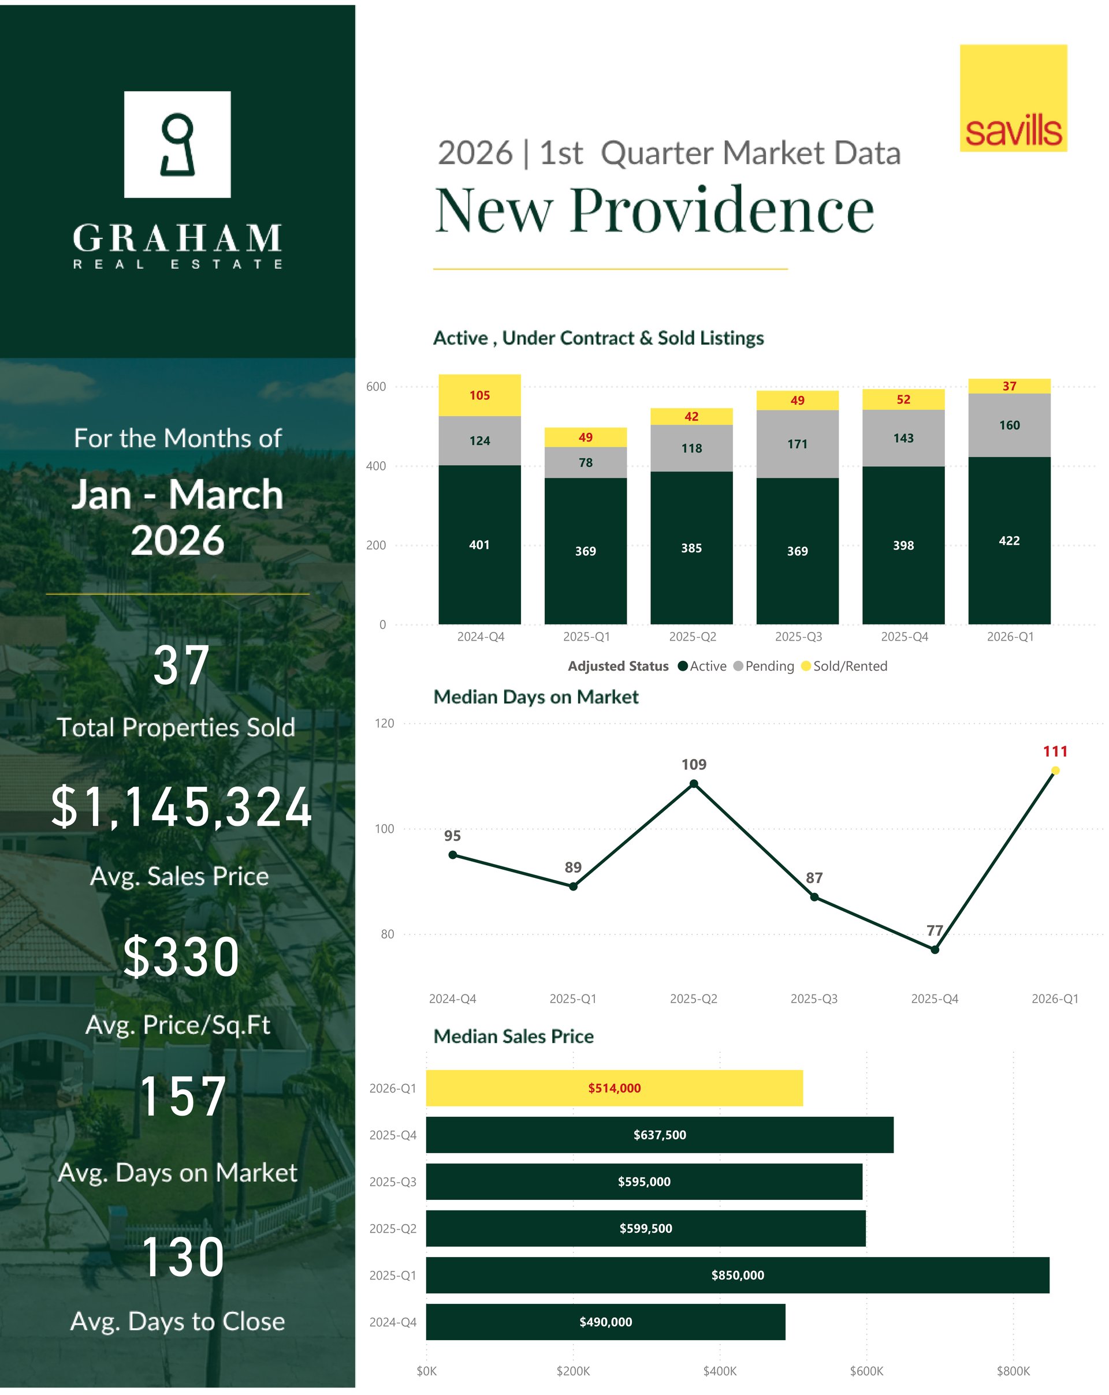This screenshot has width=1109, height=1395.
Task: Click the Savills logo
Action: tap(1013, 98)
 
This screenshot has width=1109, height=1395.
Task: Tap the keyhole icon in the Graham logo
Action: tap(177, 144)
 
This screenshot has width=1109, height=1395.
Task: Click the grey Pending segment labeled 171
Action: tap(797, 444)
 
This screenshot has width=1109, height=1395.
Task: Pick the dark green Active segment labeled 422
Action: tap(1008, 540)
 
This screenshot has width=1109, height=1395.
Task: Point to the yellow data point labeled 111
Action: tap(1055, 770)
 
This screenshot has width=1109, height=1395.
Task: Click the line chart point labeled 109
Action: tap(693, 784)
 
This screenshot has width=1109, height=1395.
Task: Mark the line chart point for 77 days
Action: tap(934, 950)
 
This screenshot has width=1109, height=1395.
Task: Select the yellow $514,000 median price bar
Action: tap(614, 1087)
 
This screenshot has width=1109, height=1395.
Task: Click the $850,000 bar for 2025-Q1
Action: tap(737, 1274)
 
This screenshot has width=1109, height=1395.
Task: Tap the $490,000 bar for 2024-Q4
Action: tap(605, 1322)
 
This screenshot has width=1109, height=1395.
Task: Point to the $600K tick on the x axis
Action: tap(866, 1370)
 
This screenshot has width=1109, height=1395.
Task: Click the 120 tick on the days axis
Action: tap(384, 723)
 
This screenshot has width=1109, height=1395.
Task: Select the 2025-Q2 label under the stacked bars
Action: tap(692, 637)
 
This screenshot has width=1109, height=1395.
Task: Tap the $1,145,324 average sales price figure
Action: tap(181, 807)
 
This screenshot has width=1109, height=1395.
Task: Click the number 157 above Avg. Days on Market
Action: tap(183, 1096)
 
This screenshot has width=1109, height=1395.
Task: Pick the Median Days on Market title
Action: tap(535, 697)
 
